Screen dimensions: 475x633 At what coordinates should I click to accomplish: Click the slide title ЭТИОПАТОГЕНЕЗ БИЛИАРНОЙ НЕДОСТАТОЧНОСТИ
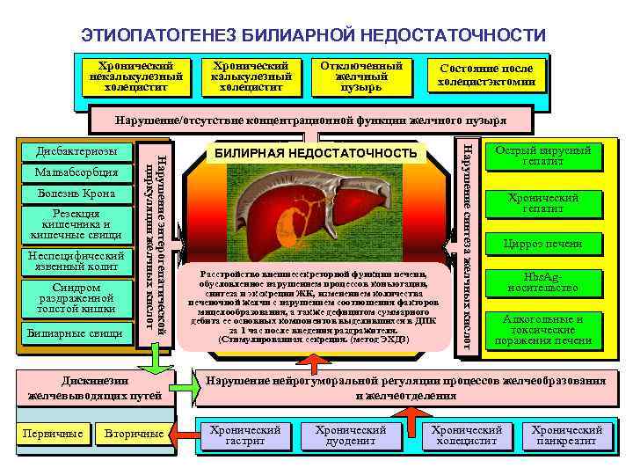[313, 35]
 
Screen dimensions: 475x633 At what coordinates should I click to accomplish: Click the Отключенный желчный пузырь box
[361, 77]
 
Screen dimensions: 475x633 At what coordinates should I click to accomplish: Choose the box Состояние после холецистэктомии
[486, 76]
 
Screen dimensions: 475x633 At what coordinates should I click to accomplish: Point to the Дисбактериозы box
[76, 151]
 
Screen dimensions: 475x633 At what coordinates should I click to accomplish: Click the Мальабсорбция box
[76, 172]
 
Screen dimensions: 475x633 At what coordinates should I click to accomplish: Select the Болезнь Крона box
[76, 193]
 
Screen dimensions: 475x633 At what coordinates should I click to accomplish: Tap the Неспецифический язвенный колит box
[76, 260]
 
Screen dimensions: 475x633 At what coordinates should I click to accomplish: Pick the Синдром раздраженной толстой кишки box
[76, 299]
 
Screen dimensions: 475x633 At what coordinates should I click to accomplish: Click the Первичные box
[55, 434]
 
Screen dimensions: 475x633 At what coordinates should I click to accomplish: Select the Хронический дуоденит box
[351, 435]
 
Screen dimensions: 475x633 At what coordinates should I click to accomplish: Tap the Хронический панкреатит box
[567, 435]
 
